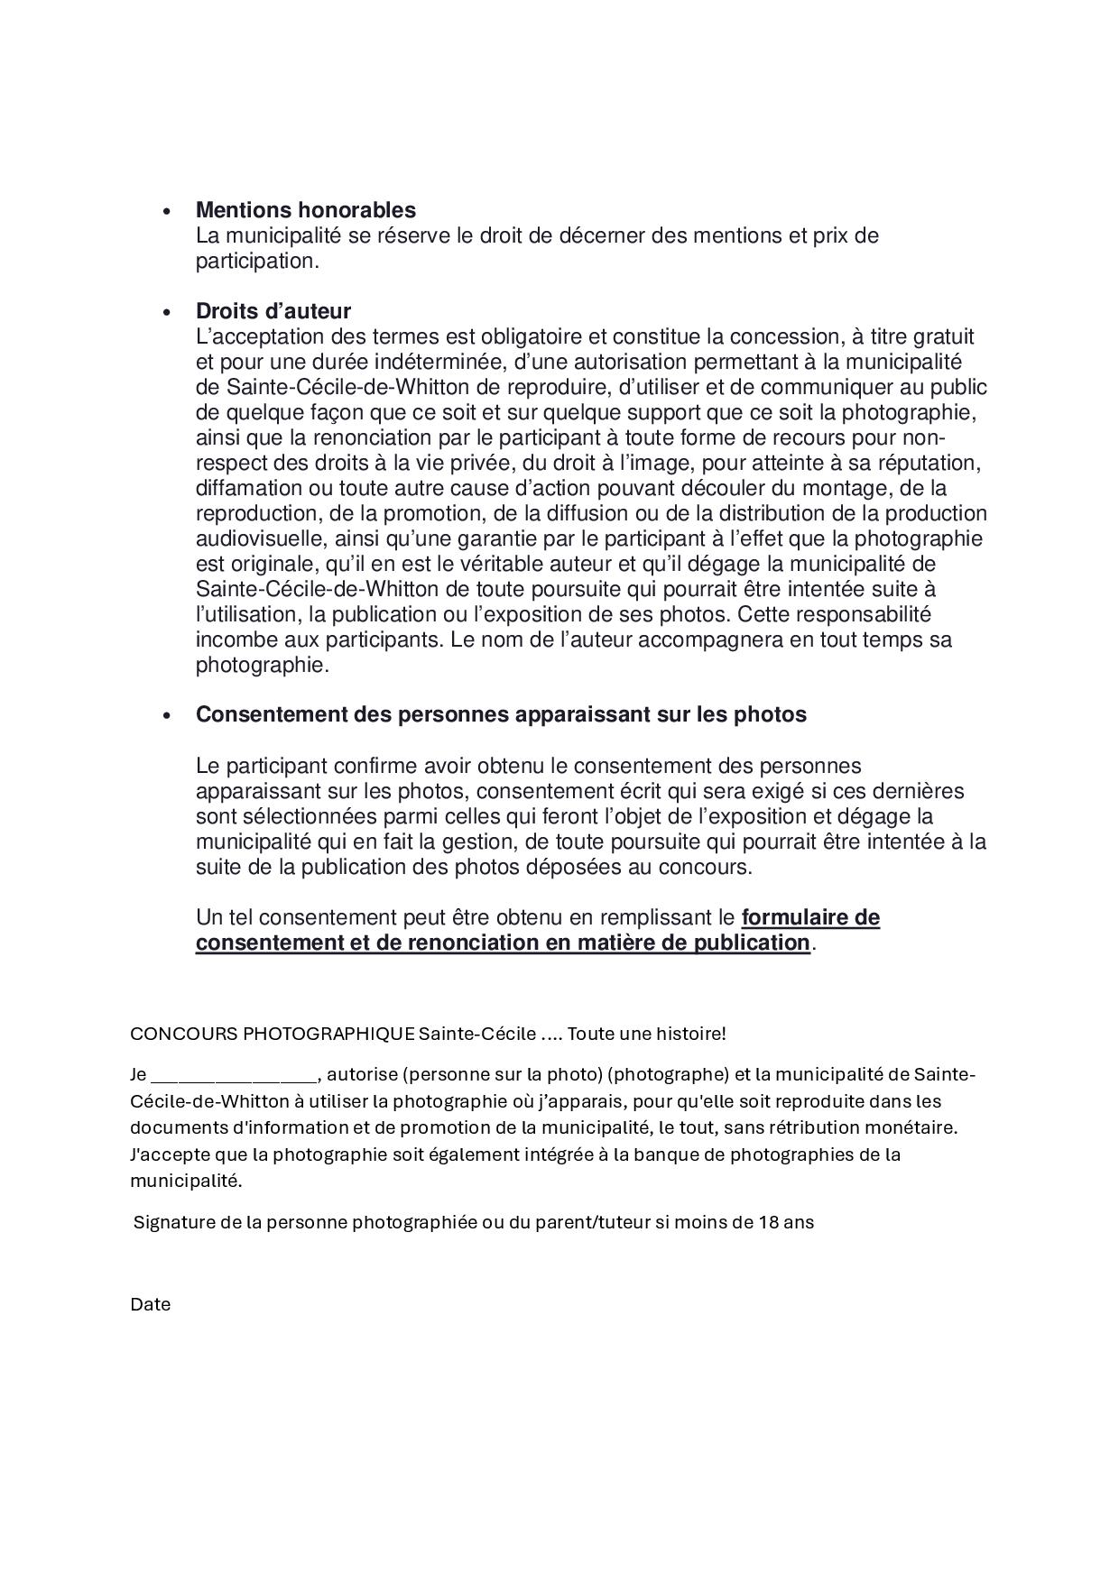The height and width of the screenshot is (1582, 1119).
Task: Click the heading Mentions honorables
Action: (x=306, y=210)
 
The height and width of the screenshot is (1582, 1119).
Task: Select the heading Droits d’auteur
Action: (x=273, y=311)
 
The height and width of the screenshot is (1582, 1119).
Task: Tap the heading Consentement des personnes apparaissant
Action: (x=501, y=714)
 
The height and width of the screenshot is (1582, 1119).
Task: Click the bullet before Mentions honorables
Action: (x=166, y=212)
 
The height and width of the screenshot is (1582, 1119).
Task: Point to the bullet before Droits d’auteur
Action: (x=166, y=313)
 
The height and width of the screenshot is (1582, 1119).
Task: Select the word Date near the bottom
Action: (x=150, y=1304)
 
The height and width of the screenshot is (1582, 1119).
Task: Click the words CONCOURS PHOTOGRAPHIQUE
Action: (x=273, y=1034)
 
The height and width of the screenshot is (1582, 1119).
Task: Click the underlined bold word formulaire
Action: (x=810, y=918)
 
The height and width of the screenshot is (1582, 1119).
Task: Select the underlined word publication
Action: (x=751, y=943)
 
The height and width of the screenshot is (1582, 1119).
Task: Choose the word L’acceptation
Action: (x=259, y=337)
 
